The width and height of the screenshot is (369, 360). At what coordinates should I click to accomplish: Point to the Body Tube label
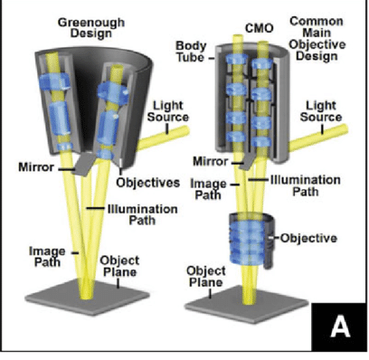point(194,49)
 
